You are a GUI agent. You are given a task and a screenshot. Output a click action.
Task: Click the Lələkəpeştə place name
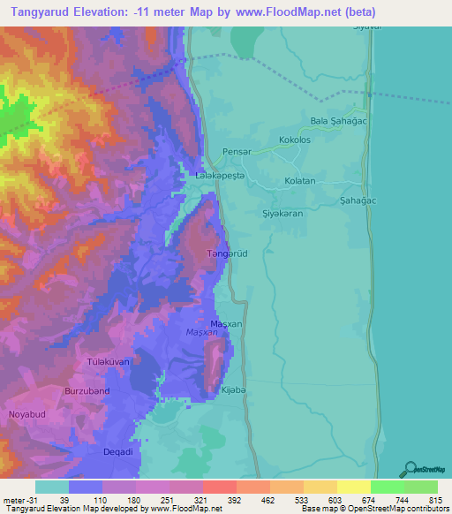pos(220,177)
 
